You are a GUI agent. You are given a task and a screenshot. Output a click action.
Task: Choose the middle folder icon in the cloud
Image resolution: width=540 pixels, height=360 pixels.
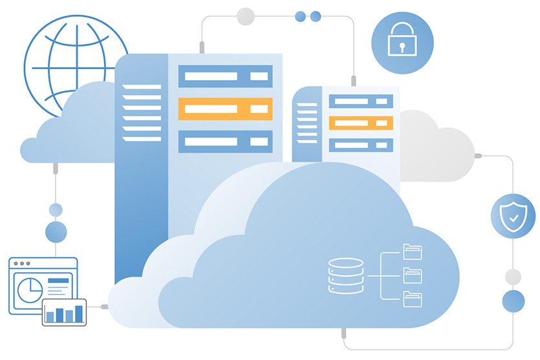[x=412, y=275]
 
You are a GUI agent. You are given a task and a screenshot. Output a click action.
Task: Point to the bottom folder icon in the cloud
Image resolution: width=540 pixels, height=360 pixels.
[x=412, y=299]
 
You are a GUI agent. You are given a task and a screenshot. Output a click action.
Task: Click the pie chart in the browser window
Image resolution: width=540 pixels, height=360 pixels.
[x=28, y=290]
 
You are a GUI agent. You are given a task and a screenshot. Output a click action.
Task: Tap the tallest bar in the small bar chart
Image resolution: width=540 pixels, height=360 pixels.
[x=79, y=313]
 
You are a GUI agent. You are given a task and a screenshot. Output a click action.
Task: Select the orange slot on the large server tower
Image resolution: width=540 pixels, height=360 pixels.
[x=224, y=109]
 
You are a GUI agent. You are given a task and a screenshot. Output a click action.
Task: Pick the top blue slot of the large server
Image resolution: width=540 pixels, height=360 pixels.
[x=224, y=76]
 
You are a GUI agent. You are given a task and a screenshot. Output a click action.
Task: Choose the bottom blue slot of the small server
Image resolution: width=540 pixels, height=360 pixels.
[x=360, y=144]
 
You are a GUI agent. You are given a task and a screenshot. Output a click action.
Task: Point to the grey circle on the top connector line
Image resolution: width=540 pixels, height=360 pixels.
[x=246, y=16]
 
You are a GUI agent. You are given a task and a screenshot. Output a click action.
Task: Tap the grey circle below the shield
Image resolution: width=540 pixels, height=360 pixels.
[x=513, y=277]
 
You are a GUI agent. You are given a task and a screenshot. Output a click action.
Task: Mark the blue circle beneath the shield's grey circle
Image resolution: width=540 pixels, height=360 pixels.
[x=513, y=301]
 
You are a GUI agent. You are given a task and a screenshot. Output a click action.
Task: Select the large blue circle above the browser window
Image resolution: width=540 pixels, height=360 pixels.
[x=56, y=231]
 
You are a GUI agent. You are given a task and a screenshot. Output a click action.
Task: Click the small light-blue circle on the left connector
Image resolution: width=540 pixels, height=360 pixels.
[x=56, y=209]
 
